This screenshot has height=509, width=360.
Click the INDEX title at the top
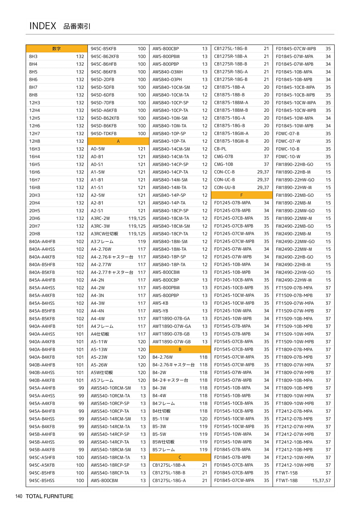(x=43, y=26)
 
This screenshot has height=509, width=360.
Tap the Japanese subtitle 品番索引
(x=77, y=26)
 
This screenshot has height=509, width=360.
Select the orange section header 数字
(x=56, y=49)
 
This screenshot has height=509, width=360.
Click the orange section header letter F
(x=241, y=195)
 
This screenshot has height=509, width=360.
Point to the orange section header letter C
(x=180, y=457)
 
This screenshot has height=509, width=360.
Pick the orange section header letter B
(x=180, y=349)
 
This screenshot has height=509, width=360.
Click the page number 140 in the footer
(x=19, y=496)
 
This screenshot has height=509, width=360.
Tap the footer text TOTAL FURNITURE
(x=49, y=496)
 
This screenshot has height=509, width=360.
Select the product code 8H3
(x=33, y=56)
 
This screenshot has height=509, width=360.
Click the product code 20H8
(x=34, y=234)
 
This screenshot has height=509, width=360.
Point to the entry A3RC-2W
(x=100, y=218)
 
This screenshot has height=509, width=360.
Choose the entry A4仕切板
(x=100, y=334)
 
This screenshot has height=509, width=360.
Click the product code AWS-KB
(x=160, y=303)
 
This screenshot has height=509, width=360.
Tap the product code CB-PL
(x=220, y=149)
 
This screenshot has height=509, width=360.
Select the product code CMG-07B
(x=223, y=157)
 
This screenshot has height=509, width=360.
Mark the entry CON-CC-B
(x=224, y=172)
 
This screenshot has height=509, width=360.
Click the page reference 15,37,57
(x=321, y=481)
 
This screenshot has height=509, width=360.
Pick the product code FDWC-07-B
(x=287, y=133)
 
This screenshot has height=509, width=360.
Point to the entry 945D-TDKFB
(x=103, y=133)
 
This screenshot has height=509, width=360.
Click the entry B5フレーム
(x=163, y=450)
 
